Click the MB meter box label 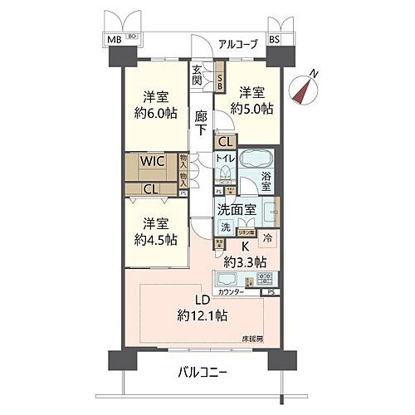(x=111, y=40)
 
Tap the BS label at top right (x=274, y=40)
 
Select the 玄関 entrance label (x=199, y=76)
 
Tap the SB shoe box (x=220, y=78)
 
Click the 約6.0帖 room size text (x=154, y=113)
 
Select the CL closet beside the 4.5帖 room (x=151, y=188)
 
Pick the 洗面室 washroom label (x=237, y=210)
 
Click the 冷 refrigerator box (x=268, y=237)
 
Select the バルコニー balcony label (x=204, y=372)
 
